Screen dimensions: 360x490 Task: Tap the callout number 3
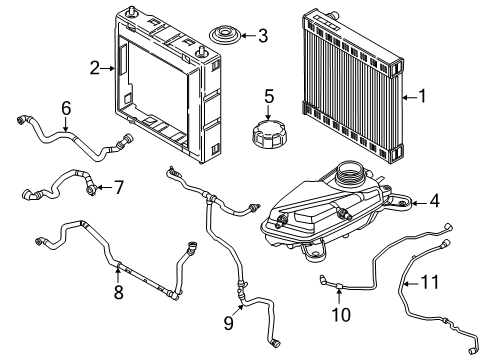coord(262,38)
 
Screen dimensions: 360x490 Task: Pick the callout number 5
coord(268,97)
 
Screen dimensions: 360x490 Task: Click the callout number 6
coord(66,107)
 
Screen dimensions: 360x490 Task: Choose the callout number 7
coord(118,187)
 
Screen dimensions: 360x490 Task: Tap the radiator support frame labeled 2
coord(167,90)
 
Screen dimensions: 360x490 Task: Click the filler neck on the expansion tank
coord(351,173)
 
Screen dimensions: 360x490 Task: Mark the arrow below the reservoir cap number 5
coord(268,112)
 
